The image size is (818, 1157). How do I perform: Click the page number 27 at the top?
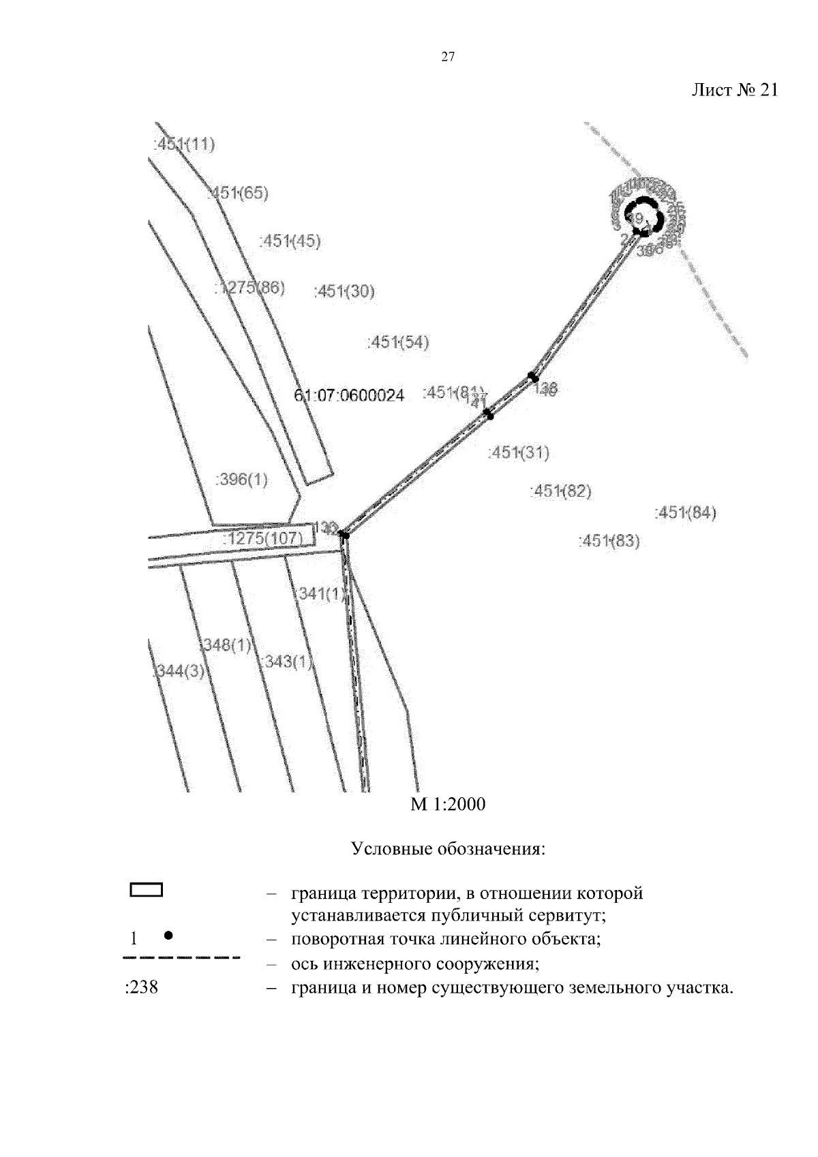coord(447,57)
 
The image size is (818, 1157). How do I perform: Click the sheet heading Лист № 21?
coord(734,91)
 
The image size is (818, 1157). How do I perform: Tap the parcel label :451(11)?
coord(185,144)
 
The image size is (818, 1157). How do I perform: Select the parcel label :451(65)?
coord(239,194)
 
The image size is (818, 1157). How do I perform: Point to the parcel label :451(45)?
coord(290,241)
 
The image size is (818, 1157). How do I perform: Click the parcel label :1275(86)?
coord(250,288)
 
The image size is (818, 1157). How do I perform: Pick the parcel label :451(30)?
coord(344,292)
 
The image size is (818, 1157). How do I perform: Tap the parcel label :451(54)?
coord(398,342)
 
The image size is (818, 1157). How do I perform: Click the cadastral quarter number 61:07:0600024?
coord(349,395)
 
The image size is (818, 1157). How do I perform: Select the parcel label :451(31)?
coord(519,452)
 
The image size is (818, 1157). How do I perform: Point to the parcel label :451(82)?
coord(560,491)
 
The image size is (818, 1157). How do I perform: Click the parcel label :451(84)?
coord(685,513)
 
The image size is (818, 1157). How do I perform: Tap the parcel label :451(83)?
coord(609,542)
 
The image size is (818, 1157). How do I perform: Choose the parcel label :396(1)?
coord(242,480)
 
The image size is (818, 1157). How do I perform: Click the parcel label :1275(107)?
coord(263,539)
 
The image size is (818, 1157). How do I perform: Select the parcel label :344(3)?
coord(178,671)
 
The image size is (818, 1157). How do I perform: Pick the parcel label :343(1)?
coord(286,662)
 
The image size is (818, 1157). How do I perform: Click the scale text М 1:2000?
coord(448,805)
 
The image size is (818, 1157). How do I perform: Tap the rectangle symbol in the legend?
coord(146,889)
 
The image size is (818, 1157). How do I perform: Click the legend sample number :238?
coord(142,987)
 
